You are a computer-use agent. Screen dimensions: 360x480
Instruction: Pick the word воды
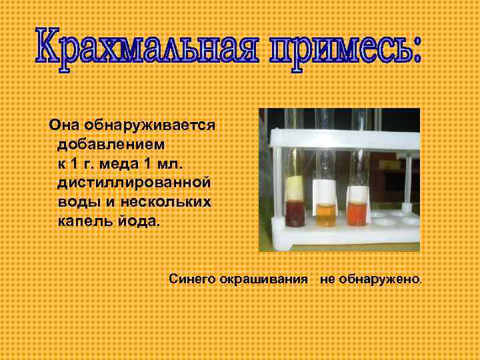77,201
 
